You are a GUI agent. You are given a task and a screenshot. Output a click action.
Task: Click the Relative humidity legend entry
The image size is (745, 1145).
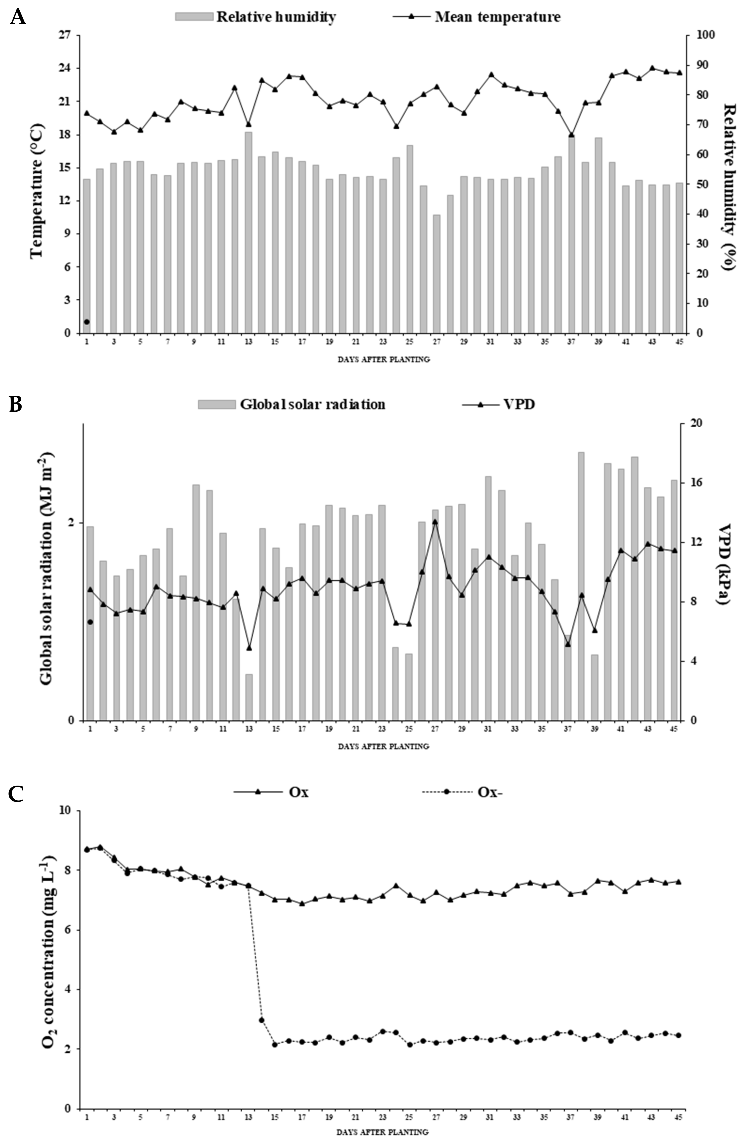point(255,17)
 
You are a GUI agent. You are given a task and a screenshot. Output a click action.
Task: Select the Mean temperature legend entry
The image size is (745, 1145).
point(477,17)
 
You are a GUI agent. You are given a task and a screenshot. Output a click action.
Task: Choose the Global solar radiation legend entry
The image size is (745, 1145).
point(291,404)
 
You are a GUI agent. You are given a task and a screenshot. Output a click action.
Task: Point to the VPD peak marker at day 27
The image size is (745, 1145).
point(435,521)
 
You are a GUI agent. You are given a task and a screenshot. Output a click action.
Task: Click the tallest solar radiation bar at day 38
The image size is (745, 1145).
point(581,586)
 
